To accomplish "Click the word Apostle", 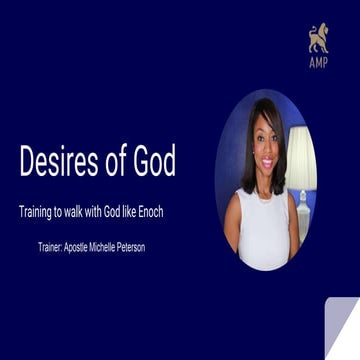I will pyautogui.click(x=96, y=246).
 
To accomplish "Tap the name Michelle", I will pyautogui.click(x=128, y=246).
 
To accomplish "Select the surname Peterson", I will pyautogui.click(x=161, y=246).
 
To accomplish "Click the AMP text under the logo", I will pyautogui.click(x=317, y=61).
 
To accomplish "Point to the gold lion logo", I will pyautogui.click(x=317, y=38).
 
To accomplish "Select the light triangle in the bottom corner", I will pyautogui.click(x=345, y=335).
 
